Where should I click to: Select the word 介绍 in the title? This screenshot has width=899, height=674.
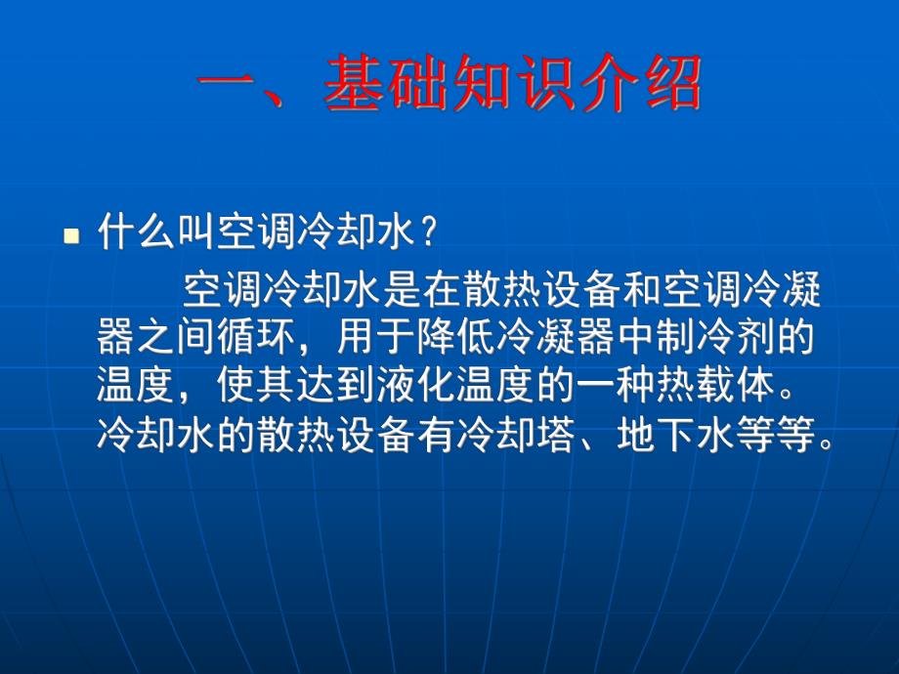tap(640, 84)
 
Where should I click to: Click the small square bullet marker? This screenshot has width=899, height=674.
tap(70, 236)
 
